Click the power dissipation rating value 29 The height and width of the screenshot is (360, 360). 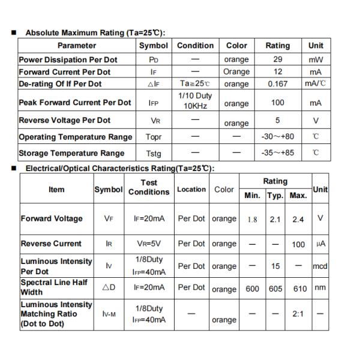277,59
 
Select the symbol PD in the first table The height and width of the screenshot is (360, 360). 153,60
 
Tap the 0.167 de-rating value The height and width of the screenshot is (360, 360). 277,84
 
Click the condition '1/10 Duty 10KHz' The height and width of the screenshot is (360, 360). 195,101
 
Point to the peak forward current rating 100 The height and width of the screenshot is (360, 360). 277,103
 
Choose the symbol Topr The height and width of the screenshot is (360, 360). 153,137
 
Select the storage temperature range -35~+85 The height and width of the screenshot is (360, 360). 277,153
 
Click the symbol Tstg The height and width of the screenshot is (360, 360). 153,154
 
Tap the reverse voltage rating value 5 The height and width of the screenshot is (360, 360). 277,121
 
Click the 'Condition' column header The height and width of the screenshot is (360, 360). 195,46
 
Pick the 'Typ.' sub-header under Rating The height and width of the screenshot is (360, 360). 275,196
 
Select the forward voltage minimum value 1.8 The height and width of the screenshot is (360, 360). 252,220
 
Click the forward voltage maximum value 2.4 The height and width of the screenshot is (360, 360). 298,220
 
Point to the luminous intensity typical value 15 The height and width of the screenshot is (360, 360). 275,266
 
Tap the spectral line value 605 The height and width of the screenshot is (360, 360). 275,289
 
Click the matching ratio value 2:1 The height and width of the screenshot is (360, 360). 298,314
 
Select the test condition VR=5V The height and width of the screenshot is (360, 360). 149,244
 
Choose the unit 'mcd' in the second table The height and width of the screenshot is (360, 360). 320,266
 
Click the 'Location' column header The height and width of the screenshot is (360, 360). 191,190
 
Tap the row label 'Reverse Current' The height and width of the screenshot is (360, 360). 51,244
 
